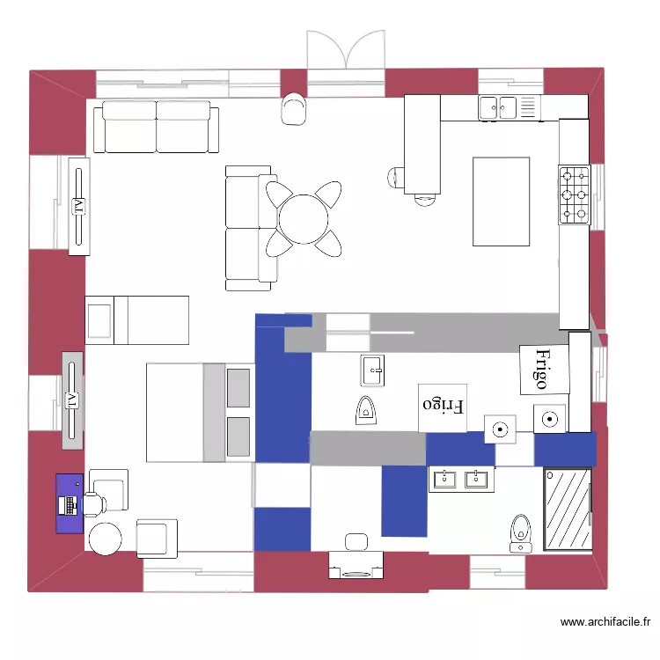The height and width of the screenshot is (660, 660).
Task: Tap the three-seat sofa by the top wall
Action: coord(156,126)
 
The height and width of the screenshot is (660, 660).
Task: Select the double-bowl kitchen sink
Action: coord(498,108)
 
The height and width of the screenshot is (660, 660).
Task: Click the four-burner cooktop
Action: coord(574,194)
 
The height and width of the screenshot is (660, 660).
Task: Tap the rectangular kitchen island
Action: coord(501,202)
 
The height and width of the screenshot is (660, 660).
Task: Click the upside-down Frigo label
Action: coord(443,407)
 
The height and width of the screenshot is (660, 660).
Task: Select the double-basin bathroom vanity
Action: coord(460,479)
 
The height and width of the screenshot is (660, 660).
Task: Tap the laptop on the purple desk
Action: coord(67,505)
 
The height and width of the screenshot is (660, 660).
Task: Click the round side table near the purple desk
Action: coord(106,539)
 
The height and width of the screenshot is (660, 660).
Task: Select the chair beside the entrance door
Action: coord(294,108)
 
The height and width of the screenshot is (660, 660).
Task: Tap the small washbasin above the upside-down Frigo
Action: coord(373,370)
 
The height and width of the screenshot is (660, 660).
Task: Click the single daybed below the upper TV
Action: coord(137,320)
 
